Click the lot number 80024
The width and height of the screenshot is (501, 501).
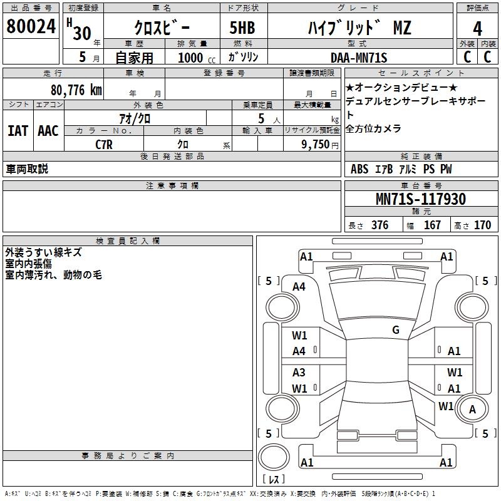tap(31, 26)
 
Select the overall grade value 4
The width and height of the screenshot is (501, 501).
tap(477, 29)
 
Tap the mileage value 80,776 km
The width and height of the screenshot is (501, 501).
tap(76, 90)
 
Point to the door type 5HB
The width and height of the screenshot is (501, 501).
tap(242, 28)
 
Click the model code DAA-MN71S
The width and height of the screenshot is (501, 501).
tap(359, 58)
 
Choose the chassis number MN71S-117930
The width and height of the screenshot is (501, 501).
tap(421, 199)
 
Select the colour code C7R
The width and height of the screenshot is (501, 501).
tap(104, 145)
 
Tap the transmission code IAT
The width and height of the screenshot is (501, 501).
tap(18, 131)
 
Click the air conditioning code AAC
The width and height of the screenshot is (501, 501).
tap(48, 131)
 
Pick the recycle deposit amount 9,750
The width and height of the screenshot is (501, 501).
tap(316, 145)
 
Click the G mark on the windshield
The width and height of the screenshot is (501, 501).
tap(396, 330)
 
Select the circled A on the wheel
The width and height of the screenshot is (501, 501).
tap(472, 409)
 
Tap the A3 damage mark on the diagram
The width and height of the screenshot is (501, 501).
tap(299, 373)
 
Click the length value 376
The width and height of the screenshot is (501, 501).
tap(380, 225)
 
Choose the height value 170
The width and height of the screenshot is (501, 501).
tap(482, 225)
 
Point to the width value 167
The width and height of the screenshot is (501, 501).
tap(432, 225)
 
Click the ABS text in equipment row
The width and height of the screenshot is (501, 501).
tap(359, 169)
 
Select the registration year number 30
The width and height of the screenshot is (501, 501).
tap(82, 33)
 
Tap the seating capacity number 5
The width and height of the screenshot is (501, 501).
tap(261, 118)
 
